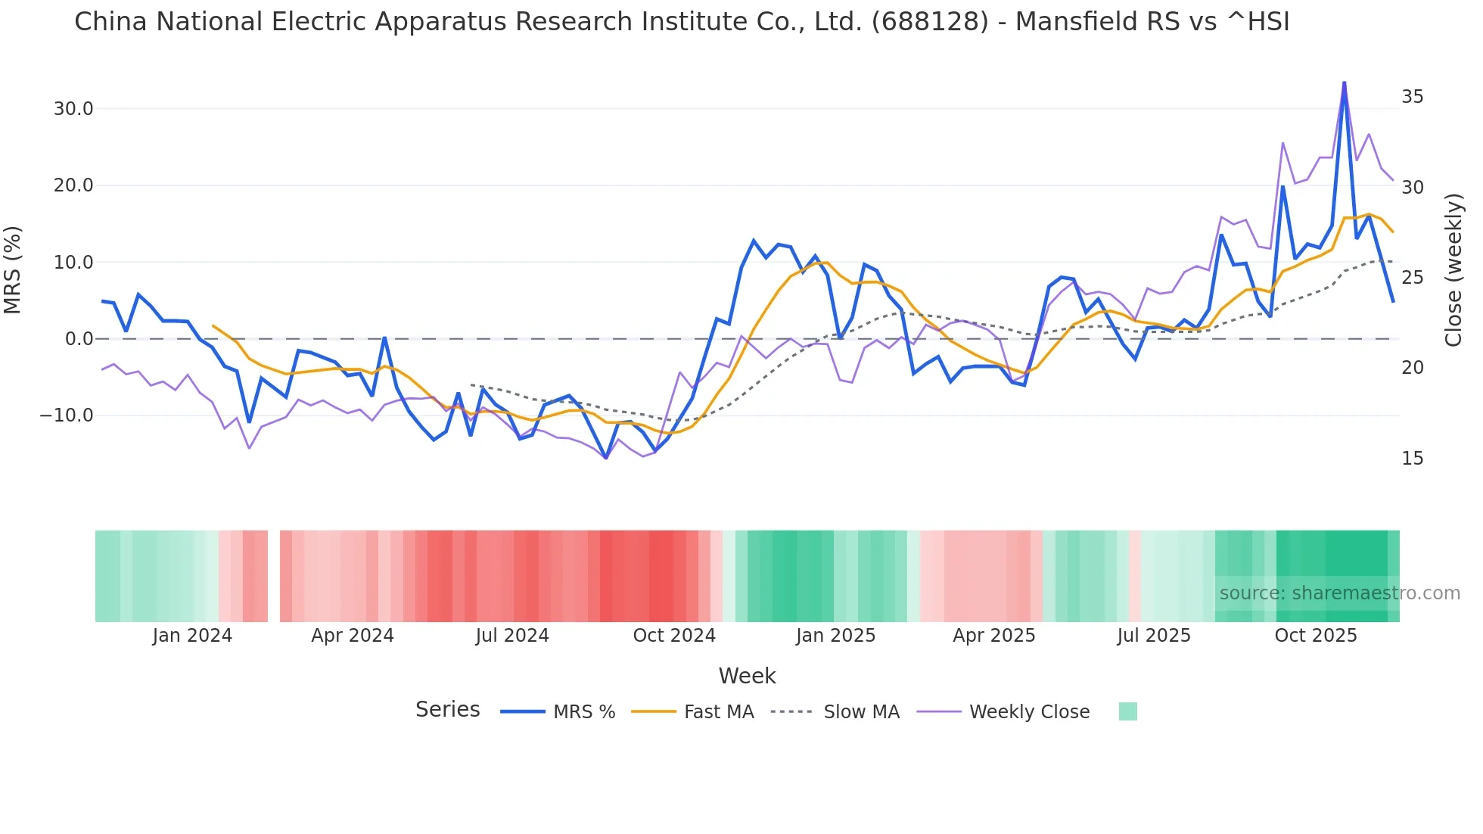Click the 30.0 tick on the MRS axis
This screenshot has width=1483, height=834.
(x=73, y=109)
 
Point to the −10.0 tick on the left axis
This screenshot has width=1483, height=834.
(x=67, y=415)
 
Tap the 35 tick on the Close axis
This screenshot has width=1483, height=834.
(x=1412, y=97)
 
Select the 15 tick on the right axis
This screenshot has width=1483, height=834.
(x=1412, y=459)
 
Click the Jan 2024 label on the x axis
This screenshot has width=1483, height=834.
(x=192, y=636)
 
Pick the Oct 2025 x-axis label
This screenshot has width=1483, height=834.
(x=1315, y=636)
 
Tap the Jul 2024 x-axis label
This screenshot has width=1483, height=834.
(x=511, y=636)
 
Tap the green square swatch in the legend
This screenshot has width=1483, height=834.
(x=1127, y=711)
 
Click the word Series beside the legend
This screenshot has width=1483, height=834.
(x=447, y=710)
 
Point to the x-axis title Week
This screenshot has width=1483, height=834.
(x=747, y=676)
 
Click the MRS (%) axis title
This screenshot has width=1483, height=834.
(x=13, y=269)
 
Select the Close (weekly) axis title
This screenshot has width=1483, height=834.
(x=1453, y=269)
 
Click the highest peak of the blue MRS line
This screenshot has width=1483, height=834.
(x=1344, y=82)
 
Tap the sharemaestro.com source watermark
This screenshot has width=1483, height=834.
(x=1339, y=593)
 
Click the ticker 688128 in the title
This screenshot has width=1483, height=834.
(x=930, y=22)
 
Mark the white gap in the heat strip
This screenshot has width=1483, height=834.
(x=274, y=576)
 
